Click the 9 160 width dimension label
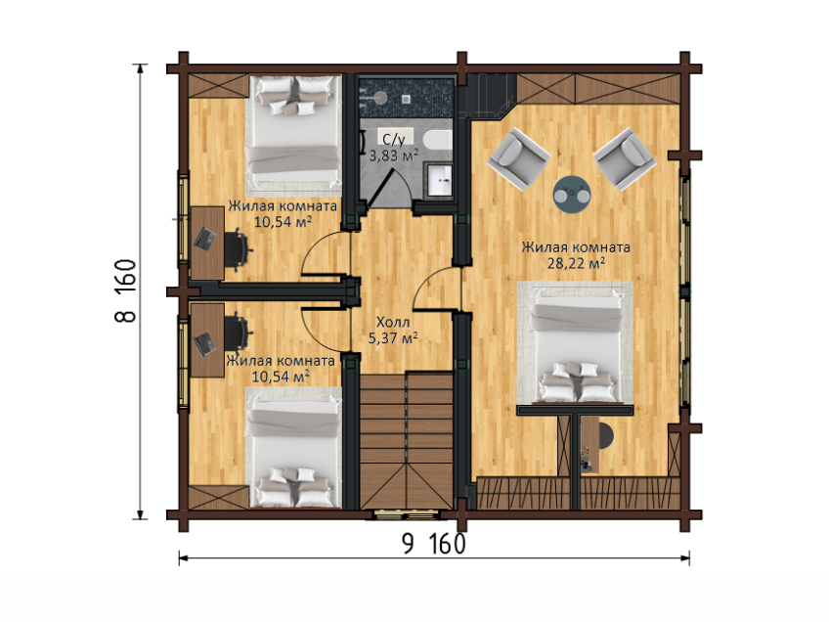click(x=433, y=543)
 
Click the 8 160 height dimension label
click(x=126, y=290)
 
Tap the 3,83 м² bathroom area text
click(x=393, y=155)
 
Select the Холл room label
click(x=393, y=322)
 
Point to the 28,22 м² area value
click(x=576, y=263)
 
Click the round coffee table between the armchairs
click(x=572, y=195)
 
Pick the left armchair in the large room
click(x=518, y=158)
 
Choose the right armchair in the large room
click(x=625, y=158)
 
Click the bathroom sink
click(x=440, y=180)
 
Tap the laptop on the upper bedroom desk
click(x=204, y=239)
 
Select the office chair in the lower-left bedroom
click(x=238, y=333)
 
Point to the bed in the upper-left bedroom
click(x=294, y=132)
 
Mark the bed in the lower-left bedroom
click(x=294, y=449)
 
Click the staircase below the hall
click(x=407, y=440)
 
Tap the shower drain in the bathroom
click(x=406, y=99)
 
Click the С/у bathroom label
click(x=394, y=140)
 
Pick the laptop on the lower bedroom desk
click(x=204, y=344)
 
